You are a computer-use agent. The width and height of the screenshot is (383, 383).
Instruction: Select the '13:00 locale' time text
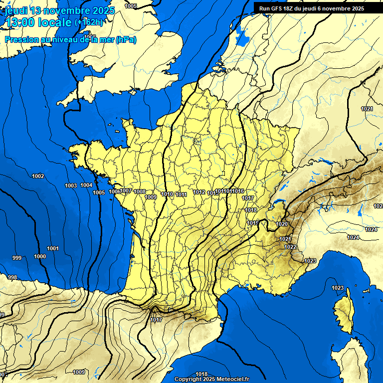pyautogui.click(x=38, y=22)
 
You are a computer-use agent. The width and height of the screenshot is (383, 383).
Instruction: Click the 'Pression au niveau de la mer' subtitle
pyautogui.click(x=70, y=40)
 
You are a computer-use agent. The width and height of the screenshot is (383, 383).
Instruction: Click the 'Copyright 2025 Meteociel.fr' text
pyautogui.click(x=211, y=379)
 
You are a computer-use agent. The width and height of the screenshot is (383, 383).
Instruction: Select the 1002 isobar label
pyautogui.click(x=38, y=176)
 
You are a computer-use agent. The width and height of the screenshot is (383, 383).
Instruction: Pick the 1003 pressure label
pyautogui.click(x=71, y=186)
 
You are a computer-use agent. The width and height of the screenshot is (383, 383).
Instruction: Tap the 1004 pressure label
pyautogui.click(x=86, y=185)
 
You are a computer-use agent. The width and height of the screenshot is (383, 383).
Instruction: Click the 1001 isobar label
pyautogui.click(x=53, y=248)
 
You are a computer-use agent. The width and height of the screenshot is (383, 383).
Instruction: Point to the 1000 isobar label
pyautogui.click(x=40, y=256)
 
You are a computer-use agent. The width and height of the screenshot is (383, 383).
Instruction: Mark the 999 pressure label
pyautogui.click(x=17, y=258)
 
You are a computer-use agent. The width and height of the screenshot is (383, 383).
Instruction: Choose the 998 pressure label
pyautogui.click(x=12, y=277)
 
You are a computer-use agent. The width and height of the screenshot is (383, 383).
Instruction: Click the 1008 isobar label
pyautogui.click(x=140, y=191)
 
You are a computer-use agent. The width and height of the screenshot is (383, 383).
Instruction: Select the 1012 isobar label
pyautogui.click(x=199, y=192)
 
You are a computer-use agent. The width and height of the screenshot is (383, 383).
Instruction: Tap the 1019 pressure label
pyautogui.click(x=252, y=223)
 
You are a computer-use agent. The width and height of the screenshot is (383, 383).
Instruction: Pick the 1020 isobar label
pyautogui.click(x=282, y=224)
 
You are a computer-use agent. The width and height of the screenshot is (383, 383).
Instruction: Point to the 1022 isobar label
pyautogui.click(x=290, y=247)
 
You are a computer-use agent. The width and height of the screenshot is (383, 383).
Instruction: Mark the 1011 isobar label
pyautogui.click(x=181, y=194)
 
